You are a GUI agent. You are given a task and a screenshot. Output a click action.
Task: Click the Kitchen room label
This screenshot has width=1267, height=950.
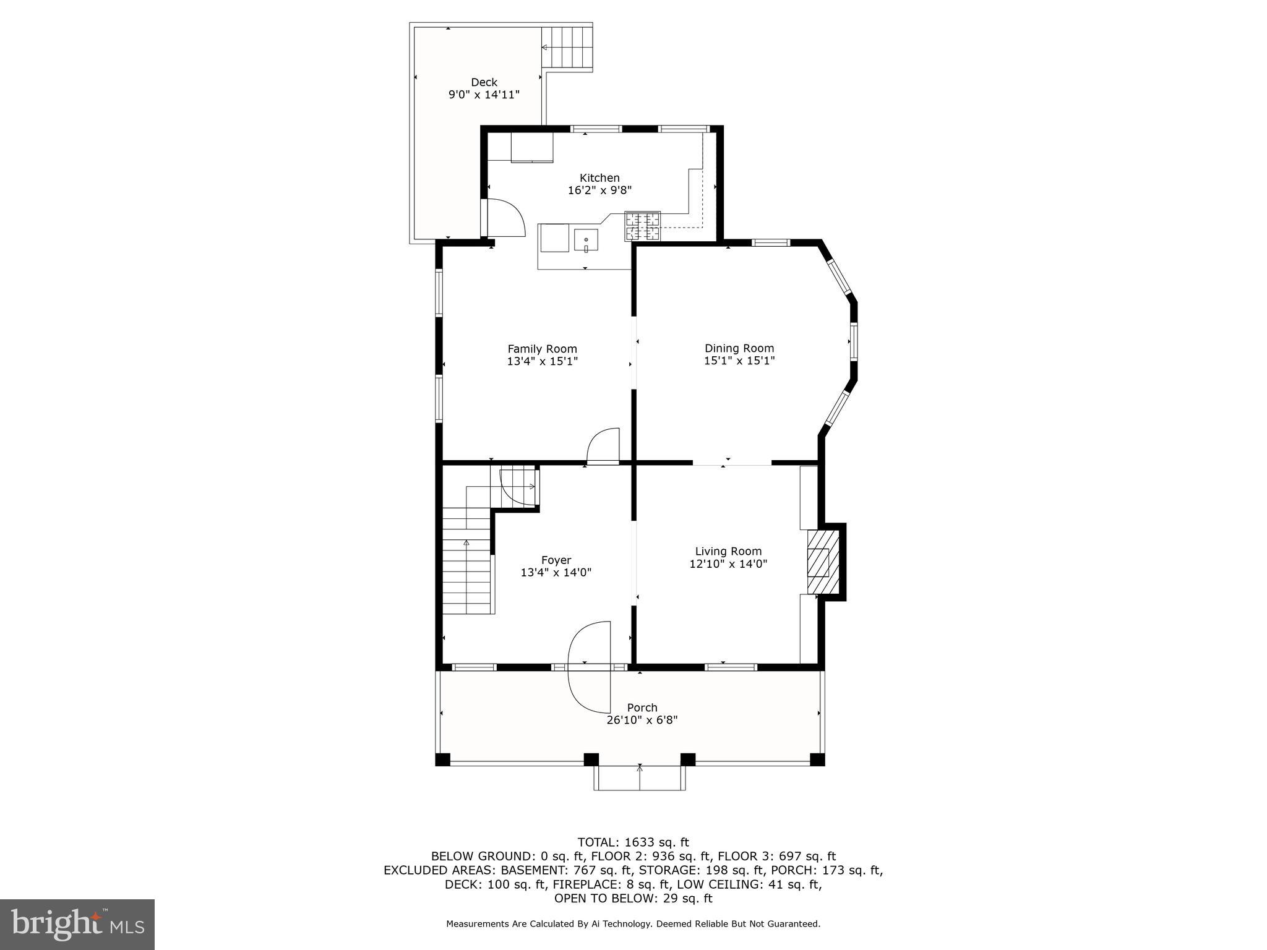(599, 178)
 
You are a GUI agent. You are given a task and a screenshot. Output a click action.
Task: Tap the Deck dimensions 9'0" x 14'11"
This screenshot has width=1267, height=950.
(484, 95)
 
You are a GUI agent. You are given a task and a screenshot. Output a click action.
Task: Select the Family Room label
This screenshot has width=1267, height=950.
(542, 349)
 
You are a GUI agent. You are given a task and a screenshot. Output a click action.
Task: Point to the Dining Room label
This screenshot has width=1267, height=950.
(739, 348)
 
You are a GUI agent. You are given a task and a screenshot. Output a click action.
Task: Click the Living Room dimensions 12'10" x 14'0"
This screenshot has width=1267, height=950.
(728, 564)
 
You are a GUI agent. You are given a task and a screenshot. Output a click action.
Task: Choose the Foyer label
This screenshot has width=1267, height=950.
(556, 560)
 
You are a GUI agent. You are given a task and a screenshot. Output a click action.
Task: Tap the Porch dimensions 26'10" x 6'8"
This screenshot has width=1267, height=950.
(642, 720)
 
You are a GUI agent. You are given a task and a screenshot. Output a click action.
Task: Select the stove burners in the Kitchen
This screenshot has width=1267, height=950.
(643, 226)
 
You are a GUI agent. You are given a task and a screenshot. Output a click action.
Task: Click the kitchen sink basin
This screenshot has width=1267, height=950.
(585, 240)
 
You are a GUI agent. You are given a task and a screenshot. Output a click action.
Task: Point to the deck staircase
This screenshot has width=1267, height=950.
(567, 48)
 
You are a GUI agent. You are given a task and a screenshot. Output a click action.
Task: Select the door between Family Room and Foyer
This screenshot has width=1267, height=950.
(603, 447)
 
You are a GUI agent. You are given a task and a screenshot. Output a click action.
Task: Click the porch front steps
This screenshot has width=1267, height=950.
(640, 778)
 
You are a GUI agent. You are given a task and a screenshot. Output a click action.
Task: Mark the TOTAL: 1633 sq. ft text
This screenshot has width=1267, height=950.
(633, 842)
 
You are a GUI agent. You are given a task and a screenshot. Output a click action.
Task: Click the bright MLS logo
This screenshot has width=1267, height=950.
(77, 924)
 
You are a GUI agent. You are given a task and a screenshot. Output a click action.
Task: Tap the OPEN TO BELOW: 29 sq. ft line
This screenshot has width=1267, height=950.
(633, 898)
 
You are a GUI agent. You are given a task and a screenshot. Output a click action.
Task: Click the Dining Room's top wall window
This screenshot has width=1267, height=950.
(771, 243)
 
